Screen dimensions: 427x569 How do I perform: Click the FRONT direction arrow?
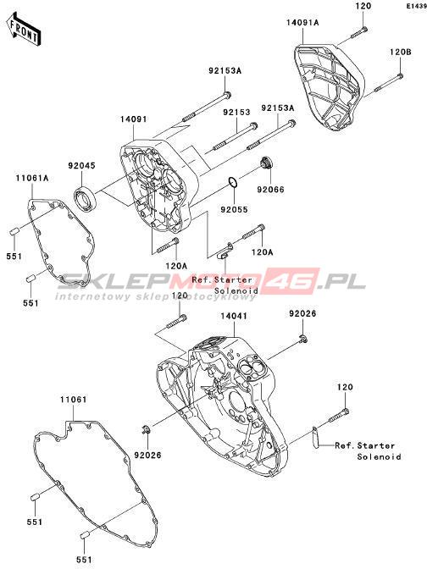click(24, 29)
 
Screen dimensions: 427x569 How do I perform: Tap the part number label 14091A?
click(302, 23)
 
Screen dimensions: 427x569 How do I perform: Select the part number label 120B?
click(401, 52)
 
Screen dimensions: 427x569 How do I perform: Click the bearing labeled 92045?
click(86, 196)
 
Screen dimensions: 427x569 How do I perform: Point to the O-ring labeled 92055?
click(233, 183)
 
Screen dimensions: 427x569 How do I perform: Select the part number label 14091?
click(134, 119)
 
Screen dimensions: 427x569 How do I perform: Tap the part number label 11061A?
click(32, 178)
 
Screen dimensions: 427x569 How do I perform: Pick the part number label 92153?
click(236, 113)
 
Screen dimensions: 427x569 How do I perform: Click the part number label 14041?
click(234, 316)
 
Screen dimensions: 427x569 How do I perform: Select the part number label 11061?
click(74, 400)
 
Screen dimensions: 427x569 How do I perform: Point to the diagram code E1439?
click(417, 6)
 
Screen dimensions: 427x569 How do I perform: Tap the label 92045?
click(81, 166)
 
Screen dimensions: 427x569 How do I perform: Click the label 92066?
click(270, 190)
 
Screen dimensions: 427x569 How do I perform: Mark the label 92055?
click(234, 210)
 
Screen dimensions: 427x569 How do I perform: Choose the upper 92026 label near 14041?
click(302, 313)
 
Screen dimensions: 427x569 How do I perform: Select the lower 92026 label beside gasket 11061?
click(147, 455)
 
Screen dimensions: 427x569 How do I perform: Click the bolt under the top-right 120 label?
click(358, 33)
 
